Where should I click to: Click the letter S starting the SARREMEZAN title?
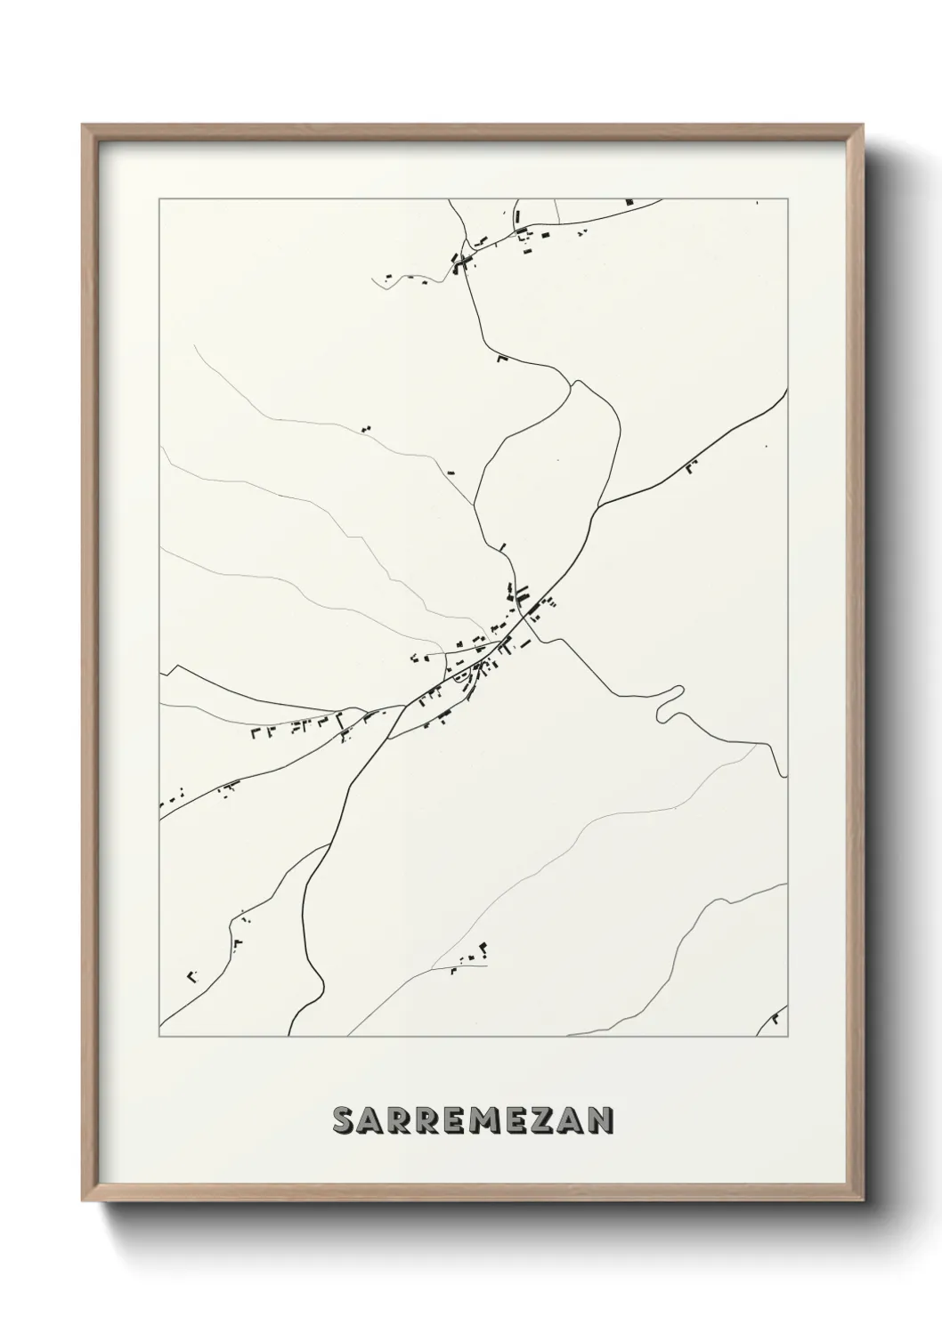pyautogui.click(x=343, y=1121)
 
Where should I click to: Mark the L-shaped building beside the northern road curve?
pyautogui.click(x=501, y=359)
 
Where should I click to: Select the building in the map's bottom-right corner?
pyautogui.click(x=778, y=1016)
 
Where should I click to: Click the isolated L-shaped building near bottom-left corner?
pyautogui.click(x=191, y=976)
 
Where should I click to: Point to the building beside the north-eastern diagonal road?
pyautogui.click(x=691, y=464)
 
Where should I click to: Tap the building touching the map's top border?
pyautogui.click(x=630, y=202)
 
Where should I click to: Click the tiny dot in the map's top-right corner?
pyautogui.click(x=757, y=203)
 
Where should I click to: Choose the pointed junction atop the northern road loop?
pyautogui.click(x=576, y=382)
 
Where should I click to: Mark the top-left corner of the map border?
pyautogui.click(x=159, y=199)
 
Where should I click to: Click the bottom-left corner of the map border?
pyautogui.click(x=159, y=1037)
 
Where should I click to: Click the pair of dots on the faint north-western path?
pyautogui.click(x=365, y=429)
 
